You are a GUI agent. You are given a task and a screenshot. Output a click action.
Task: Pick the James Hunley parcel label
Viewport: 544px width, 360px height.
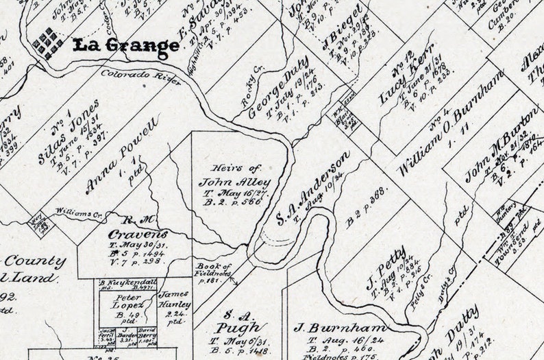coord(175,300)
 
